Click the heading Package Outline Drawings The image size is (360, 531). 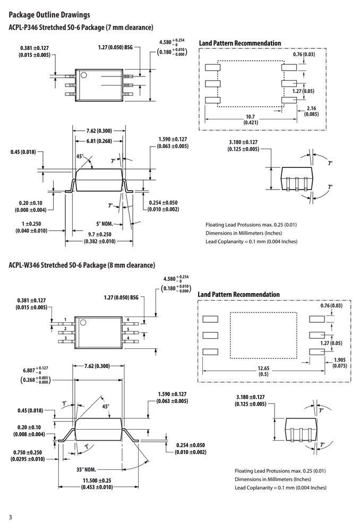click(x=49, y=15)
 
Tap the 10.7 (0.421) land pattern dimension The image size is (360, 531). click(x=251, y=119)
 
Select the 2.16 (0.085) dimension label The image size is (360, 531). click(x=311, y=111)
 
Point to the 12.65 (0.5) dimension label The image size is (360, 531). click(x=263, y=371)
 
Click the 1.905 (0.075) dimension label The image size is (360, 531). click(x=340, y=363)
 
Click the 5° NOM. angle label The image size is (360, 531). click(x=104, y=224)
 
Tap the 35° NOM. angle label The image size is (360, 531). click(x=86, y=470)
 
